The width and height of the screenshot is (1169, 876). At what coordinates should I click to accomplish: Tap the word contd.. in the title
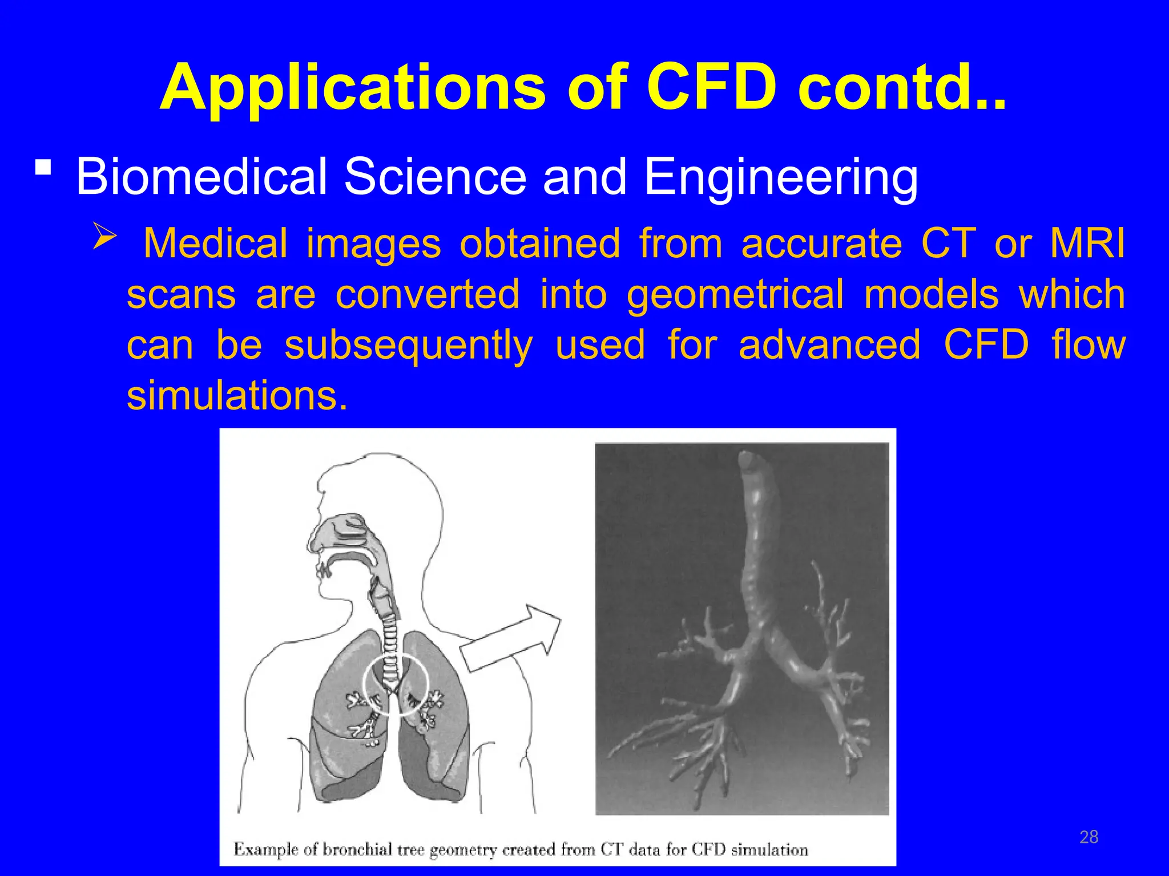tap(902, 88)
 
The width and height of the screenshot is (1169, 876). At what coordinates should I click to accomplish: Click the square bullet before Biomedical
tap(43, 168)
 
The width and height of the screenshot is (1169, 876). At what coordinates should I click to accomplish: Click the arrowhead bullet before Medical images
tap(105, 237)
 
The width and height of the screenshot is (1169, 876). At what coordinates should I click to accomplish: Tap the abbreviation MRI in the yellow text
tap(1087, 244)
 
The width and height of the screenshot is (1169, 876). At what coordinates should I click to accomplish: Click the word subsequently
tap(409, 346)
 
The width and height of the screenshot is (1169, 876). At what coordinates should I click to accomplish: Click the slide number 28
tap(1089, 837)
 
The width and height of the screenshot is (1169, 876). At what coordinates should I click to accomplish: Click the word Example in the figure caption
tap(265, 850)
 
